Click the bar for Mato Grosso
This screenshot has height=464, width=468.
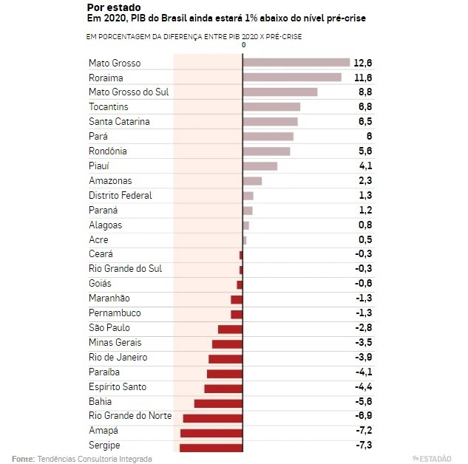click(296, 63)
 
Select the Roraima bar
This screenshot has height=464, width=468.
click(292, 78)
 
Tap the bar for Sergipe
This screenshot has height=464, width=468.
click(211, 446)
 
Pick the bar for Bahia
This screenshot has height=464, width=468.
click(218, 403)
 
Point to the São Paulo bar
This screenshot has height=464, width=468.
click(230, 329)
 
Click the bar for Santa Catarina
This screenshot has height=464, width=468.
click(270, 122)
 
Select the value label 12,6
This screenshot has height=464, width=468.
click(362, 63)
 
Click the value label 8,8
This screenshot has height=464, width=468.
click(364, 92)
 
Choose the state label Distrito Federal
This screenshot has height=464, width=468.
click(121, 196)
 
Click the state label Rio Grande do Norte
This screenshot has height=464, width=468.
click(130, 415)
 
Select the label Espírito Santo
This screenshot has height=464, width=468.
click(118, 387)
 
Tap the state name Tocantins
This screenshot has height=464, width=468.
click(108, 107)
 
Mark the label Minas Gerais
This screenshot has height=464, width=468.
click(115, 343)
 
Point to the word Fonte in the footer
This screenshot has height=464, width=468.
click(23, 458)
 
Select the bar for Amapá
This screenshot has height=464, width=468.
click(211, 432)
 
